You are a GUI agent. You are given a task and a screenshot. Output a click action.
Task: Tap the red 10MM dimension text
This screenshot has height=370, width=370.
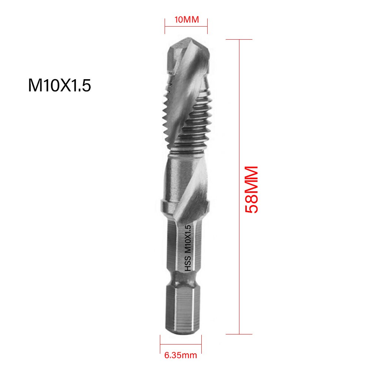pyautogui.click(x=186, y=20)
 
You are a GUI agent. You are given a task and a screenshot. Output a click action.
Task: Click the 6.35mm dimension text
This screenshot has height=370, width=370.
pyautogui.click(x=181, y=356)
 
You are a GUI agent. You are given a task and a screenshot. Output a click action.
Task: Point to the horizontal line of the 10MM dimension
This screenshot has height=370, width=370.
pyautogui.click(x=186, y=27)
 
